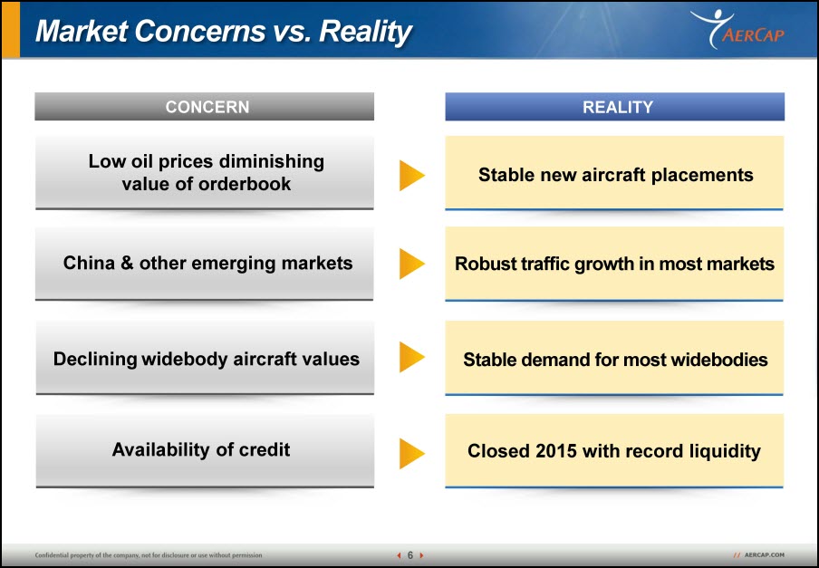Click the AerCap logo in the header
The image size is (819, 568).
[x=737, y=29]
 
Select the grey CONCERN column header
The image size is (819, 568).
[x=204, y=107]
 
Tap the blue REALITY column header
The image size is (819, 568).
[x=615, y=107]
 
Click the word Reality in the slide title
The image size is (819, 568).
[x=365, y=32]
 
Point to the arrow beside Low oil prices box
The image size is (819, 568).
[x=411, y=175]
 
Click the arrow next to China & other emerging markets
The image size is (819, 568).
[x=411, y=264]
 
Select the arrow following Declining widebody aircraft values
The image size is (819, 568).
[x=411, y=357]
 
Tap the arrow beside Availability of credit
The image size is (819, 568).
[x=411, y=453]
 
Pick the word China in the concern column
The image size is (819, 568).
[x=89, y=263]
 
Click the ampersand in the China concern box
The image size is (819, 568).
[x=127, y=263]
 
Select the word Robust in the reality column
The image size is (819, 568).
[x=486, y=264]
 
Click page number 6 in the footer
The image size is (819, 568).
[x=410, y=555]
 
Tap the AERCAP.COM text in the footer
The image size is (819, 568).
[x=764, y=555]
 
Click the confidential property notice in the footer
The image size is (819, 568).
[x=149, y=555]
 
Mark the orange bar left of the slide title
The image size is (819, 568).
[x=11, y=30]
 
